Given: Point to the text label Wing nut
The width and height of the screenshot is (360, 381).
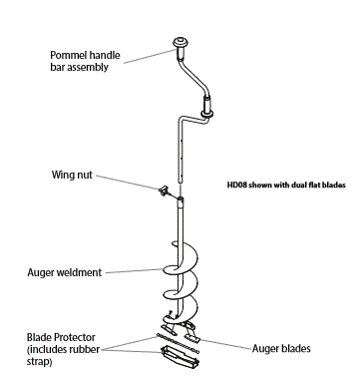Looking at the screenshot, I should pyautogui.click(x=72, y=174).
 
